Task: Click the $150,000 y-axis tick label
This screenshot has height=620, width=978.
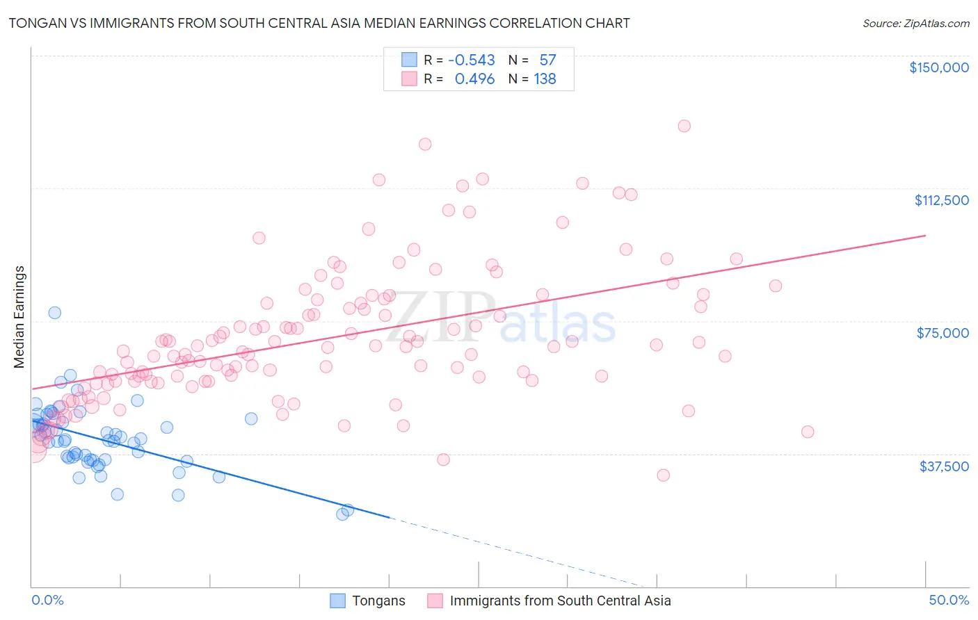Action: (938, 67)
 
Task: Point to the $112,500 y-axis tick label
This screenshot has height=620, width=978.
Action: (941, 200)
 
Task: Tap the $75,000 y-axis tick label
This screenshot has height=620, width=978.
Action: (943, 333)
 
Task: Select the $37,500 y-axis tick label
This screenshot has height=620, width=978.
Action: (944, 466)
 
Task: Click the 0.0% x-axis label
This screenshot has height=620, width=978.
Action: (47, 601)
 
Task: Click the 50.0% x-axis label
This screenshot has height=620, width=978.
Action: (949, 601)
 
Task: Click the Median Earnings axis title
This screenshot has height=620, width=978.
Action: (19, 317)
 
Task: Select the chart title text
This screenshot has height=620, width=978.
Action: (319, 23)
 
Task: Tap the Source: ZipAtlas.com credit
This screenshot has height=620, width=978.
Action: (915, 23)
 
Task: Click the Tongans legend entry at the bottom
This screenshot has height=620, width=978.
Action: (378, 601)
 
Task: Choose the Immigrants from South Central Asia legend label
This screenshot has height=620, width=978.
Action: (560, 601)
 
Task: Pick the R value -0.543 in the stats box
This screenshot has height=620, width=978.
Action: (471, 60)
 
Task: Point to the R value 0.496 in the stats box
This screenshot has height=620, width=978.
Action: (474, 79)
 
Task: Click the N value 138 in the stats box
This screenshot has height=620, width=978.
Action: (545, 79)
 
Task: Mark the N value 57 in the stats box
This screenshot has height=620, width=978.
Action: (547, 60)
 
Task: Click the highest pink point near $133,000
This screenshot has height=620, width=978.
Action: (684, 126)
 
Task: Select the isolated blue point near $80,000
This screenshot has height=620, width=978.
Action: (54, 313)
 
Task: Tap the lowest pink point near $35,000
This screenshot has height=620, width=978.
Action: (663, 475)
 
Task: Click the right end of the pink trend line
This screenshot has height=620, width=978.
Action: (925, 236)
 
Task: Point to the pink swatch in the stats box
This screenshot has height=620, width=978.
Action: (409, 79)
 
